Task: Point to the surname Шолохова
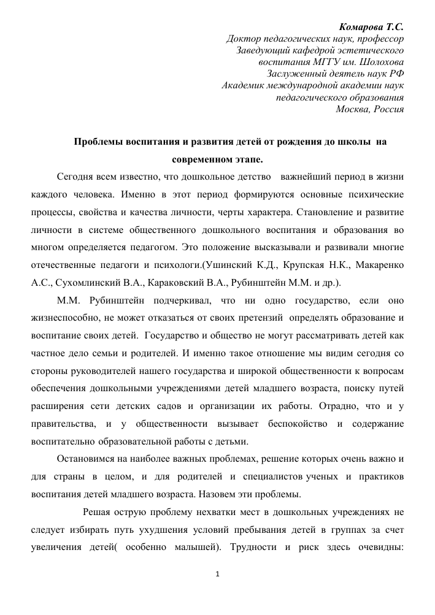coord(383,63)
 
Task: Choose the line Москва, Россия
coord(370,109)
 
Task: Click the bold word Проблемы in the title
coord(99,142)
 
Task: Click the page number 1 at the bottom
coord(218,575)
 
